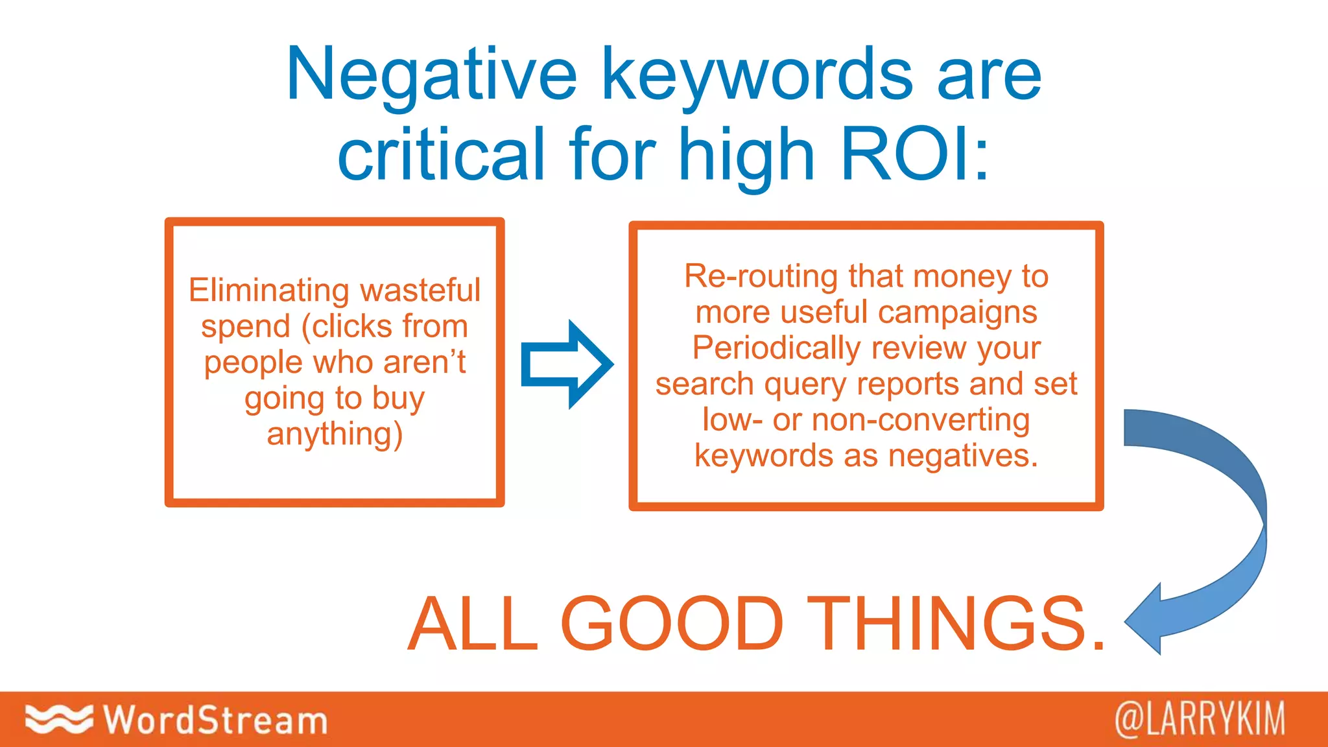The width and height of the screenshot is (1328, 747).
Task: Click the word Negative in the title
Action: pos(431,77)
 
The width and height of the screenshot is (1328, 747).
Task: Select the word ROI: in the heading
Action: pos(915,154)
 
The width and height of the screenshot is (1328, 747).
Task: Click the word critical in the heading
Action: pos(441,154)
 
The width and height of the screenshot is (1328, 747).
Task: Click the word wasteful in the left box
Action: pos(420,290)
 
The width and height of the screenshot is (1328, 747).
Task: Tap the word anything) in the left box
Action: pos(335,434)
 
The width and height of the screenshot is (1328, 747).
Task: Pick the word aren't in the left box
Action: pos(424,362)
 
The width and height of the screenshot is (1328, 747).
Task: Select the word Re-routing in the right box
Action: pos(761,277)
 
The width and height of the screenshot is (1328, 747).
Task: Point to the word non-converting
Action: pos(921,420)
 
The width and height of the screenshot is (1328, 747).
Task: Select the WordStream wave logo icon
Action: pos(58,719)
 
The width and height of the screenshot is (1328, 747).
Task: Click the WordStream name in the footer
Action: pos(215,720)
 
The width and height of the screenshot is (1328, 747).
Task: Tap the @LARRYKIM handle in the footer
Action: pos(1200,719)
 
